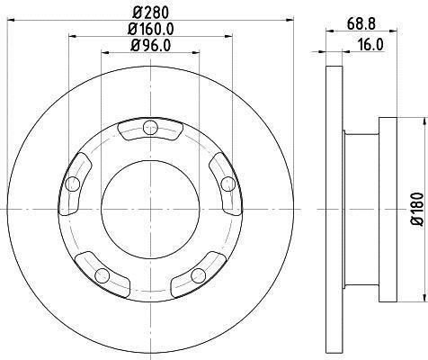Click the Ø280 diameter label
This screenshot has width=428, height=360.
(x=151, y=13)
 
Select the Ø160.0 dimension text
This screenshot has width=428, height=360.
(x=151, y=29)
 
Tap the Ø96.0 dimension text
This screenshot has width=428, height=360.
(x=151, y=46)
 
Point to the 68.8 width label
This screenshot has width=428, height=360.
(x=361, y=24)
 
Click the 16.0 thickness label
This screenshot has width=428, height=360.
(x=370, y=45)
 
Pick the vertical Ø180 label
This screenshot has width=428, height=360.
(x=417, y=210)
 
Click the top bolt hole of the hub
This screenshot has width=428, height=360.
(x=150, y=128)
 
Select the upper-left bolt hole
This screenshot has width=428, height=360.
(x=73, y=184)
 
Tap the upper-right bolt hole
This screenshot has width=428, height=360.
(x=228, y=184)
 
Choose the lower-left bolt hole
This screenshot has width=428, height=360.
(x=102, y=275)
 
